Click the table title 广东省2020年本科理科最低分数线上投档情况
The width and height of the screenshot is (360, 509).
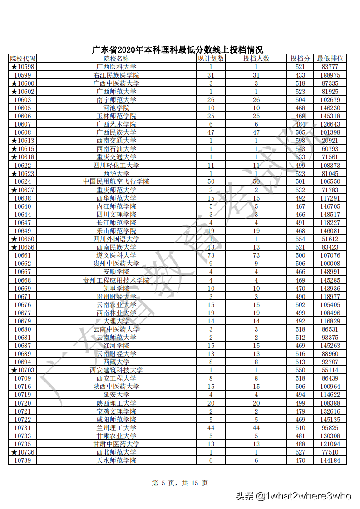pyautogui.click(x=178, y=50)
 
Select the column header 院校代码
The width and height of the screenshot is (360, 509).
pyautogui.click(x=23, y=59)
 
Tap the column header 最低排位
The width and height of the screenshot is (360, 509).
pyautogui.click(x=330, y=59)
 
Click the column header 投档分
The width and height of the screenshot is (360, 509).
pyautogui.click(x=300, y=59)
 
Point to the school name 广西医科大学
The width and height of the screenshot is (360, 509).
pyautogui.click(x=116, y=67)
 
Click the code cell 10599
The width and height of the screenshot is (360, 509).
pyautogui.click(x=23, y=75)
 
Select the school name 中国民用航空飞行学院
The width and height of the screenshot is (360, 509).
pyautogui.click(x=116, y=181)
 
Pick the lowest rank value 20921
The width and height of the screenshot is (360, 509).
pyautogui.click(x=330, y=141)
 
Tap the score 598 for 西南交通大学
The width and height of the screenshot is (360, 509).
pyautogui.click(x=300, y=141)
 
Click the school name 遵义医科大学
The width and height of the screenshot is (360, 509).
pyautogui.click(x=116, y=255)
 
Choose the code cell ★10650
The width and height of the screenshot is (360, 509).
pyautogui.click(x=23, y=239)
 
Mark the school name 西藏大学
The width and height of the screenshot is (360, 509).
pyautogui.click(x=116, y=362)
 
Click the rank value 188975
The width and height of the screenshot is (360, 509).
pyautogui.click(x=330, y=75)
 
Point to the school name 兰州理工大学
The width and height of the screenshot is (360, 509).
pyautogui.click(x=116, y=428)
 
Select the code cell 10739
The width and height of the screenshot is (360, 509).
pyautogui.click(x=23, y=460)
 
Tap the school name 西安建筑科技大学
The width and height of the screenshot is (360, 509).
pyautogui.click(x=116, y=370)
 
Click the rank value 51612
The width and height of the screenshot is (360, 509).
pyautogui.click(x=330, y=239)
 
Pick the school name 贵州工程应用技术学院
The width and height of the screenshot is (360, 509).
pyautogui.click(x=116, y=280)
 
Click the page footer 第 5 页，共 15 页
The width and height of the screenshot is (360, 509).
pyautogui.click(x=180, y=483)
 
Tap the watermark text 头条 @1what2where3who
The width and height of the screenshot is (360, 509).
pyautogui.click(x=293, y=496)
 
